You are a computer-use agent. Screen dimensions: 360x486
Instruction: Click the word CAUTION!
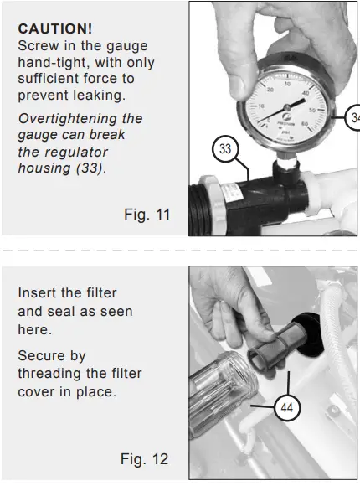[54, 28]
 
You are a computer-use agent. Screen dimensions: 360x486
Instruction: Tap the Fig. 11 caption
[147, 215]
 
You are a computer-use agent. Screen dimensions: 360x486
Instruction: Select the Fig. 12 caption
[144, 458]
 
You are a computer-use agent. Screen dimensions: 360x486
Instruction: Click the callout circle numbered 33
[225, 148]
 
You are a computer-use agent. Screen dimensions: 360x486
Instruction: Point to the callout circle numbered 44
[287, 407]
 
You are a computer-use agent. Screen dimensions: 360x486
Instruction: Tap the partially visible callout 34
[352, 117]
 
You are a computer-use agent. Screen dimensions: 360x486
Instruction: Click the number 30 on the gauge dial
[287, 85]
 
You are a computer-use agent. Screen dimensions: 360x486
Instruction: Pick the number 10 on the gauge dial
[261, 106]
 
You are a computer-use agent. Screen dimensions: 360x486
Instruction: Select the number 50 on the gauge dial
[312, 110]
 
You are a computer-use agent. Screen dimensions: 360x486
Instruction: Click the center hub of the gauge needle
[287, 107]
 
